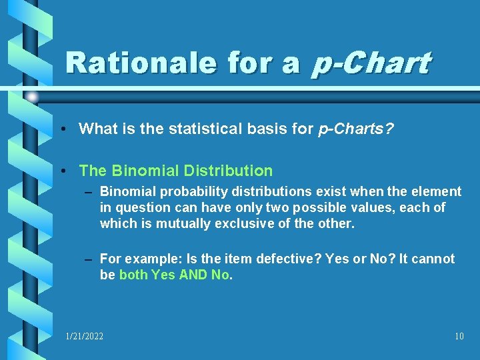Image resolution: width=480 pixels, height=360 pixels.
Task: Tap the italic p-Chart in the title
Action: [370, 64]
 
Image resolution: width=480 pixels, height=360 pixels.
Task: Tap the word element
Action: [437, 192]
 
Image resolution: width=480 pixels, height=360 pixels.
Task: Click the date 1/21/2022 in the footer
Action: [85, 337]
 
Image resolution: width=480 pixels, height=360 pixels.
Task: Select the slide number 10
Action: [459, 337]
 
